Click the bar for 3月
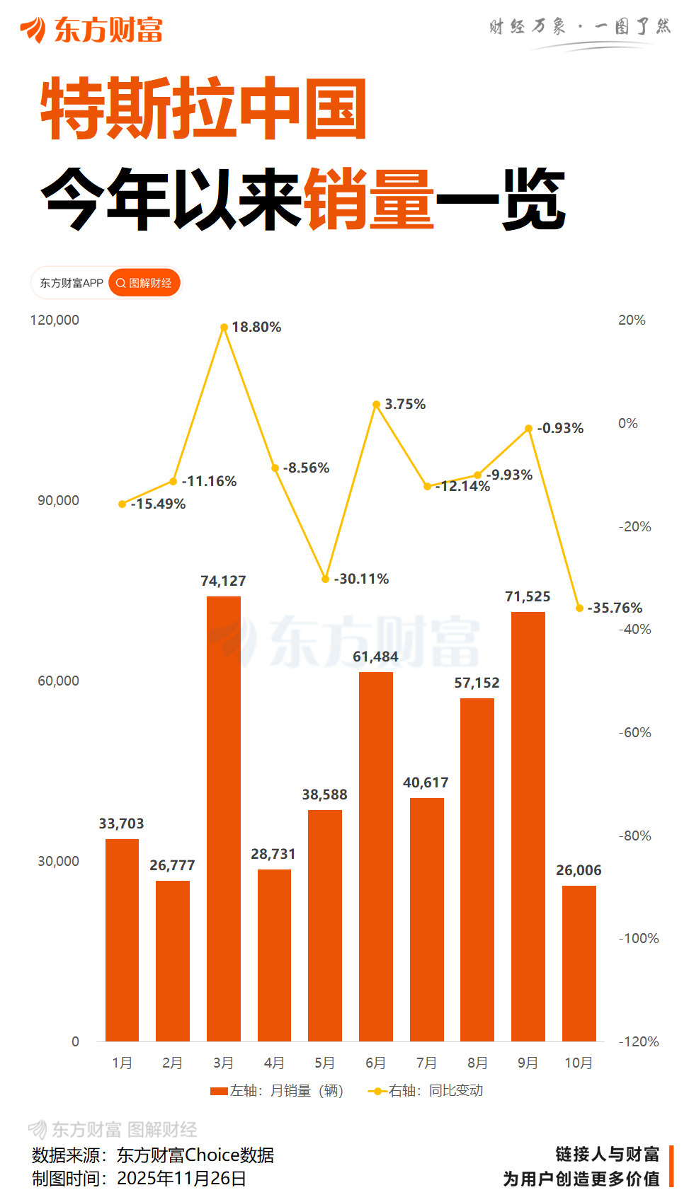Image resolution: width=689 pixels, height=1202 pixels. tap(223, 819)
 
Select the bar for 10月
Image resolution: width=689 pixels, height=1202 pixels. tap(579, 963)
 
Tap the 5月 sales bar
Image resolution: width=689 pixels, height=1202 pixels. tap(324, 925)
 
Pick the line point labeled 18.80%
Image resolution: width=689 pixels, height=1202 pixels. tap(224, 328)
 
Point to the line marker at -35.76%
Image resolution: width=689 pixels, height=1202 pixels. tap(579, 608)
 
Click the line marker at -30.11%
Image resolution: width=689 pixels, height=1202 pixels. tap(325, 579)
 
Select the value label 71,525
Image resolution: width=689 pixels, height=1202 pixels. tap(528, 596)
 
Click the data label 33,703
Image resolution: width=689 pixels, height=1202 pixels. tap(121, 824)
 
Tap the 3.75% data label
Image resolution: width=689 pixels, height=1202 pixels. tap(405, 404)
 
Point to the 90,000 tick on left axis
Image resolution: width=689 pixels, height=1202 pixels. tap(58, 500)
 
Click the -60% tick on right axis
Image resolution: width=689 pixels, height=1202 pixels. tap(634, 732)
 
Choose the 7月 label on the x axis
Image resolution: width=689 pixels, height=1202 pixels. tap(426, 1063)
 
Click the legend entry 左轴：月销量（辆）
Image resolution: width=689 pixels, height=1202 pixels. tap(278, 1091)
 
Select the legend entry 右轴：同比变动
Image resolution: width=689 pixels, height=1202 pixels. tap(426, 1091)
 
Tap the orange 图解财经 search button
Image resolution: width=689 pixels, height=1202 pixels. tap(144, 283)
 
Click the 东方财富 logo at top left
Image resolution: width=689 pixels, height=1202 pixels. tap(92, 30)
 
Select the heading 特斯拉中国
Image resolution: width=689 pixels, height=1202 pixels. tap(203, 110)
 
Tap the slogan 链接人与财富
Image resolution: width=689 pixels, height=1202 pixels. tap(607, 1155)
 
